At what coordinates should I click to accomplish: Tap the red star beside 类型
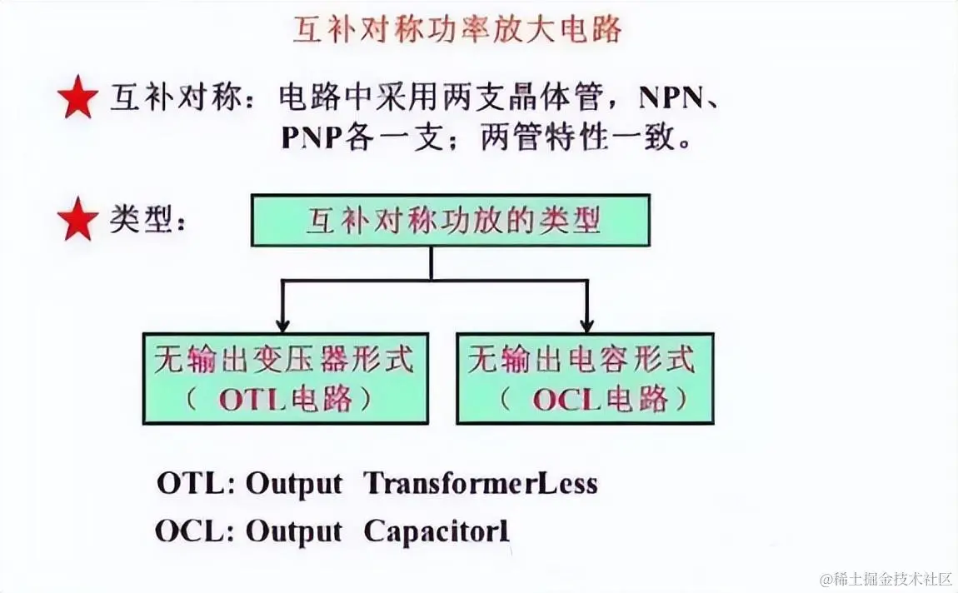pos(77,222)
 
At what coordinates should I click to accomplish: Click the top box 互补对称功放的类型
pos(450,220)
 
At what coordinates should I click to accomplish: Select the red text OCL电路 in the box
pos(600,400)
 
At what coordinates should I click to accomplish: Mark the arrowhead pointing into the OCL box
pos(587,325)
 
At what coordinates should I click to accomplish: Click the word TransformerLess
pos(481,483)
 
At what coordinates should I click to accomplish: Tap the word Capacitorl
pos(436,531)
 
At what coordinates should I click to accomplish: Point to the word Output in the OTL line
pos(293,483)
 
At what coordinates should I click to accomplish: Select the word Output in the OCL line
pos(293,531)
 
